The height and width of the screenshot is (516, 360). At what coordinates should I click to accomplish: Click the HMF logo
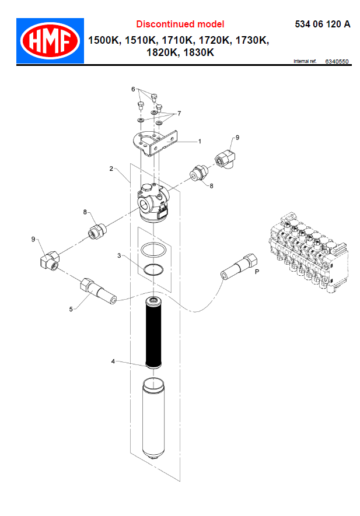tap(50, 41)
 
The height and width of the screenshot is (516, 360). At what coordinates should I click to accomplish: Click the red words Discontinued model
tap(180, 24)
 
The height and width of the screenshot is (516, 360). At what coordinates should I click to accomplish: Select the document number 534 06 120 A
tap(323, 24)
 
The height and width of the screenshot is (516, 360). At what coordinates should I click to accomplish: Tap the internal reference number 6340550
tap(337, 62)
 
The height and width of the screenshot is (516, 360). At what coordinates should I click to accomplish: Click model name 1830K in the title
tap(198, 52)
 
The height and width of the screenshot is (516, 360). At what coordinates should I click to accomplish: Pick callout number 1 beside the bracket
tap(200, 141)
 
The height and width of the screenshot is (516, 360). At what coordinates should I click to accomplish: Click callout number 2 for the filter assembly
tap(111, 169)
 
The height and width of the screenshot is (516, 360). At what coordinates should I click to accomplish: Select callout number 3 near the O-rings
tap(119, 255)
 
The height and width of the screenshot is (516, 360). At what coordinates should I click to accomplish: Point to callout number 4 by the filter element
tap(113, 361)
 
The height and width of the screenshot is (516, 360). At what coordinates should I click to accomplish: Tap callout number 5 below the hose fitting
tap(71, 309)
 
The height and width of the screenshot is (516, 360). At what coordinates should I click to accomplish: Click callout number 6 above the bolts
tap(133, 89)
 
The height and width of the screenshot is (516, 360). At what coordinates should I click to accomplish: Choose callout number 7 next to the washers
tap(179, 114)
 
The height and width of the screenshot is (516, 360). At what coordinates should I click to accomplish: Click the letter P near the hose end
tap(257, 272)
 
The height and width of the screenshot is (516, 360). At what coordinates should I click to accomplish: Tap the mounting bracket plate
tap(155, 143)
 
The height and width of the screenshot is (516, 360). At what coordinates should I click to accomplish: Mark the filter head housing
tap(153, 203)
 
